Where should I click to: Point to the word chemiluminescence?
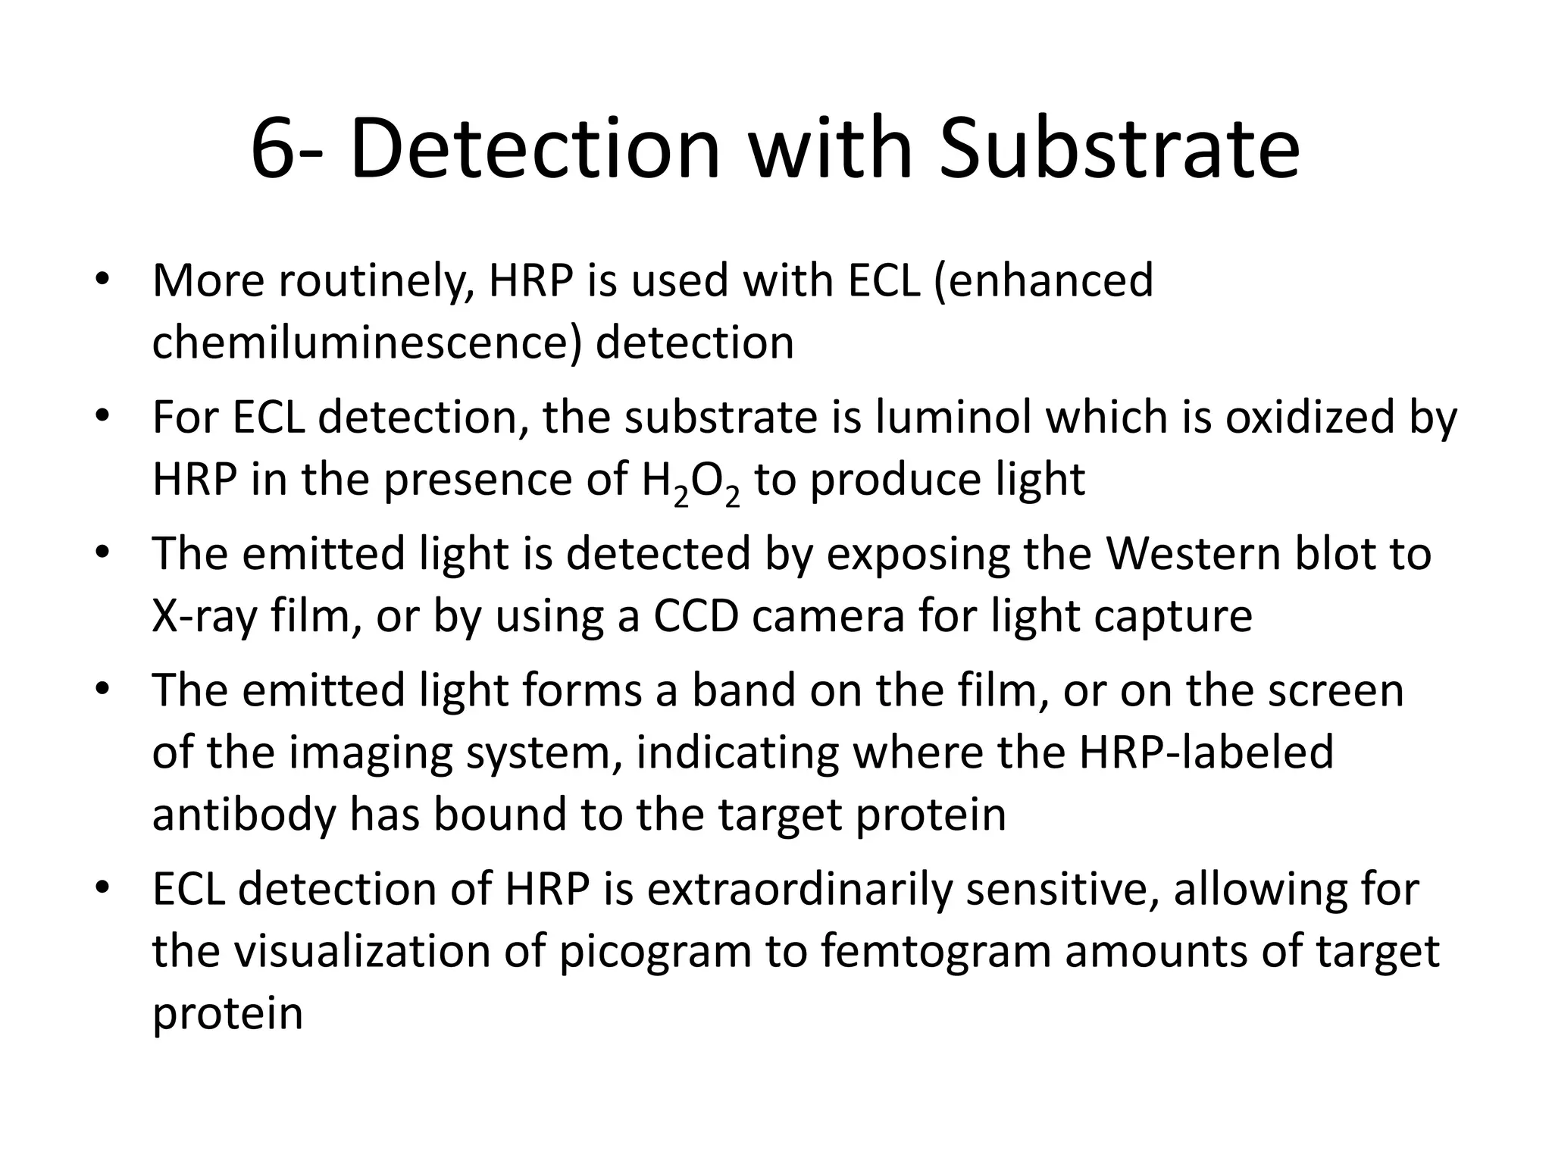(x=367, y=343)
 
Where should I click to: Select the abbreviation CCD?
(x=696, y=616)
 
